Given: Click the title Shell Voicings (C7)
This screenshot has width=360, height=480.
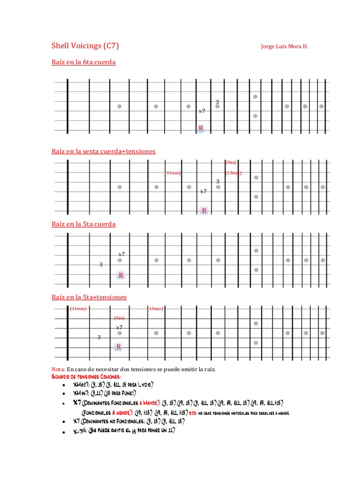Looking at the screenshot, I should (85, 45).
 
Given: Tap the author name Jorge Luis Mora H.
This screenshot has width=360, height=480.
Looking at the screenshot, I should (285, 46).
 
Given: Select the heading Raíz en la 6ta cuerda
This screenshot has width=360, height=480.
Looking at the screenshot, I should (83, 62).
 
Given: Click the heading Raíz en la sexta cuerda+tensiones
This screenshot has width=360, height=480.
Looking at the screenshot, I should (103, 151).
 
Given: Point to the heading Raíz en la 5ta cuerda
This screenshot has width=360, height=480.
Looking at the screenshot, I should (83, 224).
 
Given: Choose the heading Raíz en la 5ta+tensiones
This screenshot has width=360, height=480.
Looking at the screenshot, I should (89, 297).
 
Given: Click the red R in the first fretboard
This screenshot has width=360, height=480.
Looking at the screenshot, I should (201, 128).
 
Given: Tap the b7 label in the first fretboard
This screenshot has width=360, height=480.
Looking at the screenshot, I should (202, 111).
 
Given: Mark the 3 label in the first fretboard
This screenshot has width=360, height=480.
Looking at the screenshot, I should (217, 102).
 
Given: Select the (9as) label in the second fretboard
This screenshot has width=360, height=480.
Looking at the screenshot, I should (231, 162).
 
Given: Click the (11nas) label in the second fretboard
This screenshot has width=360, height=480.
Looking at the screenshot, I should (172, 173).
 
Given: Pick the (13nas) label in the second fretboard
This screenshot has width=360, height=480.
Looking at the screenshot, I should (233, 173).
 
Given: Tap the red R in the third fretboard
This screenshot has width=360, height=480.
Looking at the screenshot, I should (121, 275).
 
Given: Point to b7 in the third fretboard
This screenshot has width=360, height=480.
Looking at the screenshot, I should (122, 254).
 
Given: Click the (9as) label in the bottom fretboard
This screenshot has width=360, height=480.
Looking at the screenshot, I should (119, 318).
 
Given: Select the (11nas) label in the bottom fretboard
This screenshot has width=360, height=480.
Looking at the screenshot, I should (78, 308).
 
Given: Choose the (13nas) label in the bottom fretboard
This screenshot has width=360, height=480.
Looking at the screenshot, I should (155, 308).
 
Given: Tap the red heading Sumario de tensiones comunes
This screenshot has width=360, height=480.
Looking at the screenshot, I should (86, 376).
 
